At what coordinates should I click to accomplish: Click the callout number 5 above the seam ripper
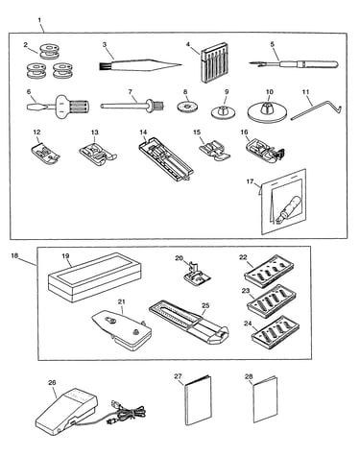pyautogui.click(x=273, y=44)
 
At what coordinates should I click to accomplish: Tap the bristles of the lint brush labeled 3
pyautogui.click(x=104, y=66)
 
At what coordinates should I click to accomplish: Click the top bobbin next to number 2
pyautogui.click(x=49, y=52)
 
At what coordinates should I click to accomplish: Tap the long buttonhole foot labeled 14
pyautogui.click(x=165, y=159)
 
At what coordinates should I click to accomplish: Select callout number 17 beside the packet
pyautogui.click(x=250, y=181)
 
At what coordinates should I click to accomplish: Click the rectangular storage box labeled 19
pyautogui.click(x=95, y=277)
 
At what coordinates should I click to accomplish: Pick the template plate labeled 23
pyautogui.click(x=272, y=301)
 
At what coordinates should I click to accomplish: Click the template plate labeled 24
pyautogui.click(x=276, y=333)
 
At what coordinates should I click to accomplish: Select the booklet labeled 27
pyautogui.click(x=198, y=400)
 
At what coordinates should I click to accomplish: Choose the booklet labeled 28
pyautogui.click(x=266, y=399)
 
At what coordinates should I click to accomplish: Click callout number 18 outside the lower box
pyautogui.click(x=14, y=255)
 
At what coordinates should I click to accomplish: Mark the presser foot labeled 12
pyautogui.click(x=45, y=153)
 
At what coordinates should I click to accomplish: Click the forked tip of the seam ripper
pyautogui.click(x=252, y=63)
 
